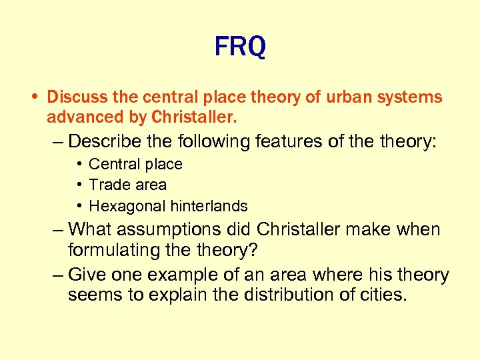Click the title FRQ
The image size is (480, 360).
tap(240, 47)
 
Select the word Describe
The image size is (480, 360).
tap(105, 141)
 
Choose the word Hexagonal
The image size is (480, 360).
tap(123, 206)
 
